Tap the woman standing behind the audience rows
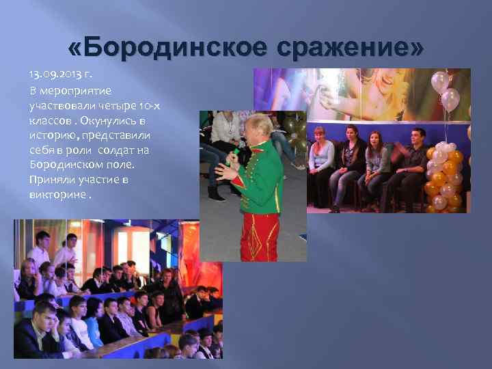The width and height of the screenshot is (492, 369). click(x=167, y=287)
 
